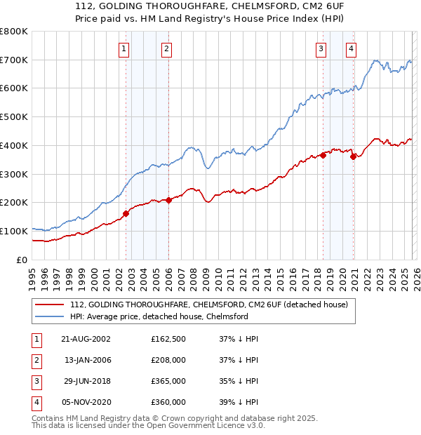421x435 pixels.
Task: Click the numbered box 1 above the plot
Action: (123, 49)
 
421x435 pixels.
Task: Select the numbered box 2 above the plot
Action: (166, 49)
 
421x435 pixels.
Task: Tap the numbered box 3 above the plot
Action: (321, 49)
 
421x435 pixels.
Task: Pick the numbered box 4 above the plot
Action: (350, 49)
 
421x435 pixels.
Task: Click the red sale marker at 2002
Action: (126, 213)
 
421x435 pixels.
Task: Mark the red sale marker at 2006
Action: (169, 200)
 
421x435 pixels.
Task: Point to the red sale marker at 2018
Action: (323, 155)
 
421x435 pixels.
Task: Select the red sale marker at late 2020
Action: (353, 156)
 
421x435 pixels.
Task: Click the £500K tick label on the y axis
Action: (14, 117)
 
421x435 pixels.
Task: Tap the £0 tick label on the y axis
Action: (21, 260)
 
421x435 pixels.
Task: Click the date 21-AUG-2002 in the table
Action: (86, 339)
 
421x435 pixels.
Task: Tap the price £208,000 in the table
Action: (168, 361)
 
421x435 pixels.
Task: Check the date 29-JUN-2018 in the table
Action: (86, 382)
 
